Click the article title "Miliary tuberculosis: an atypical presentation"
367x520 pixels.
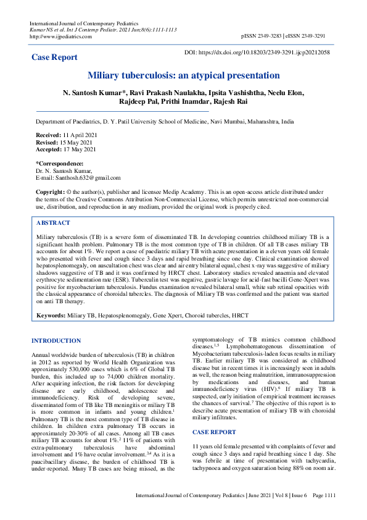pos(183,75)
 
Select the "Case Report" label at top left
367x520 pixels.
pos(55,57)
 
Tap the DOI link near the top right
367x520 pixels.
pos(265,52)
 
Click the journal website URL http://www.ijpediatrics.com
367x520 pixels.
pos(60,36)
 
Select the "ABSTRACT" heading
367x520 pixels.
pos(54,223)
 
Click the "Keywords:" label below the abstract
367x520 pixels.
pos(51,316)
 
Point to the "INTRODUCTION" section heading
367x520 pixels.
pos(56,341)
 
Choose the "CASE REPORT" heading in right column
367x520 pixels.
pos(214,415)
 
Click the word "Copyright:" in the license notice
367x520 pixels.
pos(50,192)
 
